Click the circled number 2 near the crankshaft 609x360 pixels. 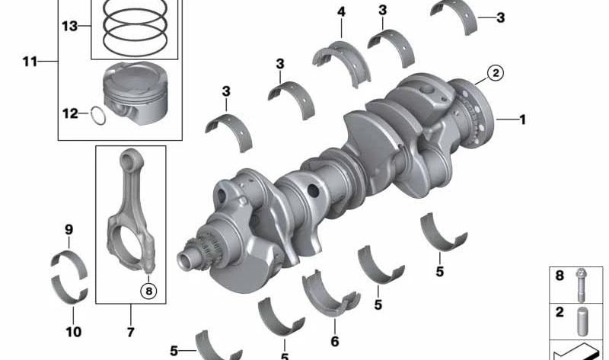(496, 72)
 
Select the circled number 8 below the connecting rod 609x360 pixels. (148, 291)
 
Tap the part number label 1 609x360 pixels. (522, 119)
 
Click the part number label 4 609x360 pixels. (341, 11)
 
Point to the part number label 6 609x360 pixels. (335, 342)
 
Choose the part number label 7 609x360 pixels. (130, 332)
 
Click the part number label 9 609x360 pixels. (69, 230)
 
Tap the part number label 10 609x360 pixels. (73, 332)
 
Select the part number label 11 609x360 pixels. (30, 62)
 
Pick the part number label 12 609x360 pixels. (70, 113)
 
